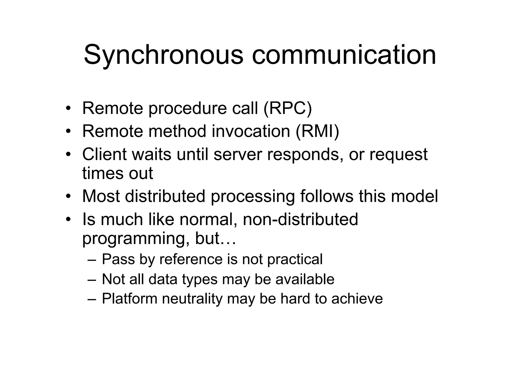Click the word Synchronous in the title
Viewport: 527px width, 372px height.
(x=163, y=55)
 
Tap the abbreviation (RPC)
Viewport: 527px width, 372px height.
(x=288, y=108)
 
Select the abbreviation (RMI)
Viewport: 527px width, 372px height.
(x=318, y=131)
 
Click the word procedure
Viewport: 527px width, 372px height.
(x=188, y=109)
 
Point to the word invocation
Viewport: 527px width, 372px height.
(x=251, y=131)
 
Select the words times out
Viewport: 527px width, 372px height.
(x=118, y=173)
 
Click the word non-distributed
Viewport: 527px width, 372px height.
(x=300, y=219)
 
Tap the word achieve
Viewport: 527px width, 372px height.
(x=357, y=299)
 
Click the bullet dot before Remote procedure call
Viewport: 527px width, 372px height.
(x=68, y=108)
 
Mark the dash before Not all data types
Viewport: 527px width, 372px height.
(x=92, y=279)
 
